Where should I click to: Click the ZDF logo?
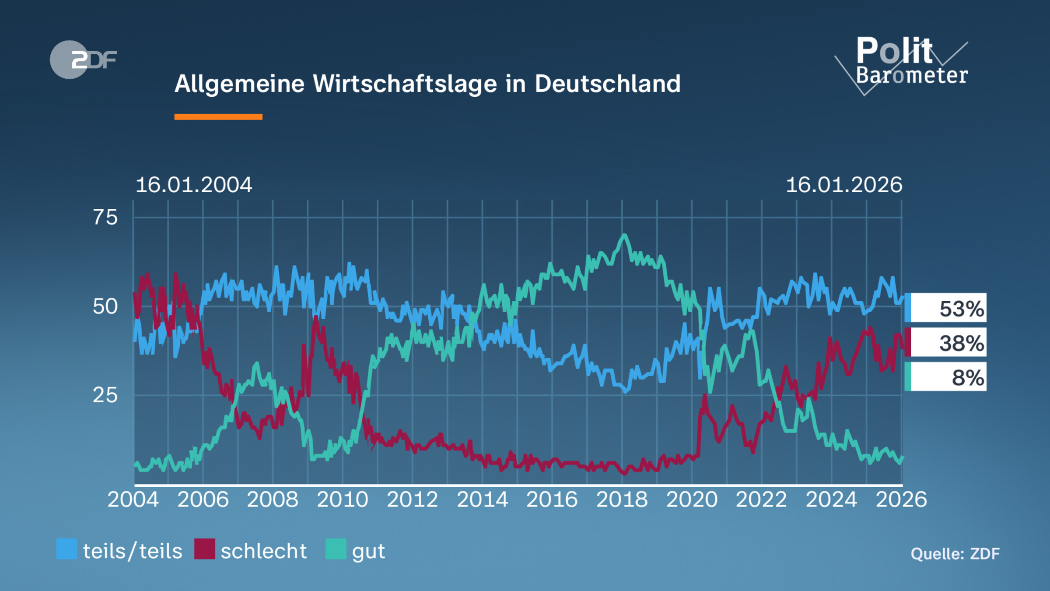click(x=83, y=60)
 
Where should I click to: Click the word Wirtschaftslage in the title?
click(x=405, y=84)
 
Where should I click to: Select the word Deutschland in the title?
click(x=607, y=84)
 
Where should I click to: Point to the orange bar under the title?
click(x=218, y=117)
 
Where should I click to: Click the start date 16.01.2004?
click(x=194, y=185)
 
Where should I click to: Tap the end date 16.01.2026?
click(x=844, y=185)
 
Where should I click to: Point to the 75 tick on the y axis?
click(x=105, y=218)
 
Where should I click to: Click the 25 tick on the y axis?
click(x=105, y=395)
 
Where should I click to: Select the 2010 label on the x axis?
click(x=343, y=500)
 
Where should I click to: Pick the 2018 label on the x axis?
click(x=622, y=500)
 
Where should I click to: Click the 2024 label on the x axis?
click(x=831, y=500)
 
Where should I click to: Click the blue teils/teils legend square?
click(x=66, y=549)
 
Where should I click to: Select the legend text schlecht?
click(x=263, y=551)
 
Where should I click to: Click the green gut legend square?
click(x=336, y=549)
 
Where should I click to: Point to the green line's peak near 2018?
click(x=624, y=236)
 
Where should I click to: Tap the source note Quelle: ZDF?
click(x=955, y=554)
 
